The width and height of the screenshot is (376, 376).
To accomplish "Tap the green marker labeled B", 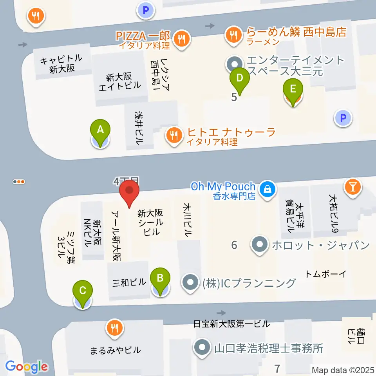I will pyautogui.click(x=160, y=278).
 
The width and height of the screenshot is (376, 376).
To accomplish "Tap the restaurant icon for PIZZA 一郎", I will pyautogui.click(x=182, y=39).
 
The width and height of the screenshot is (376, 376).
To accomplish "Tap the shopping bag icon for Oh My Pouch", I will pyautogui.click(x=268, y=187).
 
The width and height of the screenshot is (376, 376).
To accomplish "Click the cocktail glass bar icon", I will pyautogui.click(x=352, y=186).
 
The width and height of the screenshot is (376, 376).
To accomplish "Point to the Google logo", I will pyautogui.click(x=27, y=367).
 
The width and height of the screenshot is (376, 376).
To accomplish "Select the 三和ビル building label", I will pyautogui.click(x=128, y=282).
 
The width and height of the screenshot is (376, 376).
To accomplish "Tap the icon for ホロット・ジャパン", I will pyautogui.click(x=259, y=246).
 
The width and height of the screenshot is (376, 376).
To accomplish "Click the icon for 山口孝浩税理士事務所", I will pyautogui.click(x=202, y=347).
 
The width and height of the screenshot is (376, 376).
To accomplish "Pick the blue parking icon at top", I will pyautogui.click(x=146, y=11).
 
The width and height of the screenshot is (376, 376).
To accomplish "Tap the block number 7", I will pyautogui.click(x=277, y=368).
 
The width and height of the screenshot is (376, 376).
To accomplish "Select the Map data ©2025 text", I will pyautogui.click(x=343, y=370).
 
